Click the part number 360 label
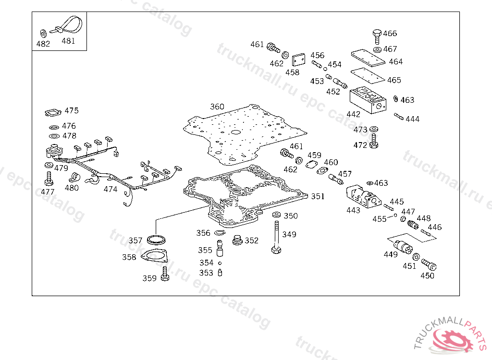pyautogui.click(x=217, y=107)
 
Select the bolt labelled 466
pyautogui.click(x=376, y=36)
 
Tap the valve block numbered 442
pyautogui.click(x=368, y=101)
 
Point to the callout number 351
pyautogui.click(x=318, y=196)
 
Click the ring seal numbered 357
pyautogui.click(x=155, y=239)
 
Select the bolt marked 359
pyautogui.click(x=165, y=275)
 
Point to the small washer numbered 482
pyautogui.click(x=43, y=33)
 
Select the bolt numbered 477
pyautogui.click(x=48, y=179)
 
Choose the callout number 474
pyautogui.click(x=111, y=189)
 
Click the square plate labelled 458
pyautogui.click(x=299, y=60)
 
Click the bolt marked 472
pyautogui.click(x=374, y=142)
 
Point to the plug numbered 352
pyautogui.click(x=237, y=240)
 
